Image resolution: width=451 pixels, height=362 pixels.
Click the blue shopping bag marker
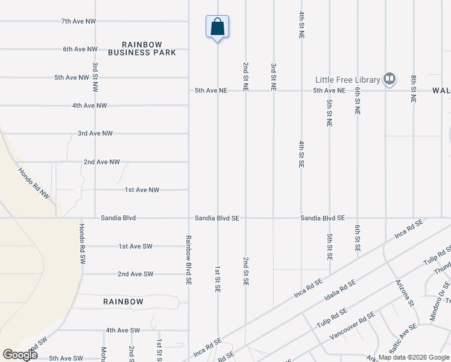coord(217,27)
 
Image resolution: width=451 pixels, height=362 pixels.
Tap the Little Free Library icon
coord(390,79)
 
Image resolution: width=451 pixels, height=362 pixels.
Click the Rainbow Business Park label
coord(142,48)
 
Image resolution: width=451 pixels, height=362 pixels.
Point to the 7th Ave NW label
coord(78,21)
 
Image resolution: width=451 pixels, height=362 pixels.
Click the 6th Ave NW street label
coord(80,49)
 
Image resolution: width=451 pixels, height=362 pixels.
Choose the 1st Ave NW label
coord(142,189)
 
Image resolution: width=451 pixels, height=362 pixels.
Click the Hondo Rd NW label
coord(34,183)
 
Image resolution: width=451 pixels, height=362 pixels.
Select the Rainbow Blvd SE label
coord(189,259)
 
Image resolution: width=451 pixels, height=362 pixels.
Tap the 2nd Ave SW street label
coord(135,274)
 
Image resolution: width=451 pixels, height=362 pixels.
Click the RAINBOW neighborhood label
coord(123,301)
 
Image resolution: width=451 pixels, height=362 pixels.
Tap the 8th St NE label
coord(414,88)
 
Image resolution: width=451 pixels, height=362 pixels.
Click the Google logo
coord(20,355)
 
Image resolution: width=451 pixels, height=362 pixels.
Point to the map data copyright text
coord(413,357)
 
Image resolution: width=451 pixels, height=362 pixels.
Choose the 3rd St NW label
coord(95,76)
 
